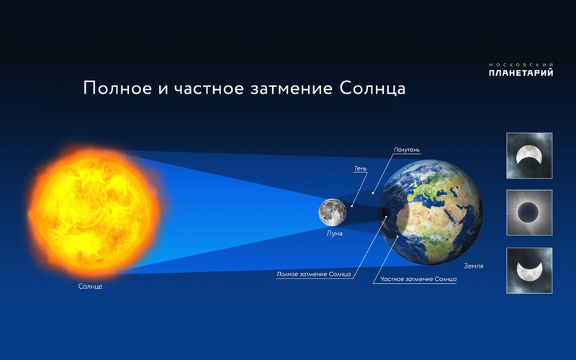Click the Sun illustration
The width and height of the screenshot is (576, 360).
pos(94,212)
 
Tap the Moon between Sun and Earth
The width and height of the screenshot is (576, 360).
pos(332,212)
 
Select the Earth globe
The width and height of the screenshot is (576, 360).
pos(431,212)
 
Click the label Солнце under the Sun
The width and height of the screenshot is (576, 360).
pos(90,287)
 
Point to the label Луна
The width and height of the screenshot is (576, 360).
pos(334,233)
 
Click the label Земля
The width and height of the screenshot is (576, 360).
pos(474,266)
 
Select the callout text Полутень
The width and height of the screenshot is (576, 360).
pos(407,150)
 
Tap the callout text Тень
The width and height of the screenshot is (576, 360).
pos(361,168)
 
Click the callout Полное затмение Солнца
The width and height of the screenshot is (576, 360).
pos(314,274)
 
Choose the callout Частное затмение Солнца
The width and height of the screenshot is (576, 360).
pos(418,279)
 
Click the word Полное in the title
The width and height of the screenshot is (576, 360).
pos(117,88)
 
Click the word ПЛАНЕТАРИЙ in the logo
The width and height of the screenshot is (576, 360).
pos(521,73)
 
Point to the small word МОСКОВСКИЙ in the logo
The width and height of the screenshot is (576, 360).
pos(521,65)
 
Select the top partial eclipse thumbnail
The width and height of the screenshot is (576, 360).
pos(529,156)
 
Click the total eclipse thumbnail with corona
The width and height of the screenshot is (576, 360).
pos(529,212)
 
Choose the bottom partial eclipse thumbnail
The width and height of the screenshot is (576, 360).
pos(529,271)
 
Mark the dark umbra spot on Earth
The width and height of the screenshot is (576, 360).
pos(384,212)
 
